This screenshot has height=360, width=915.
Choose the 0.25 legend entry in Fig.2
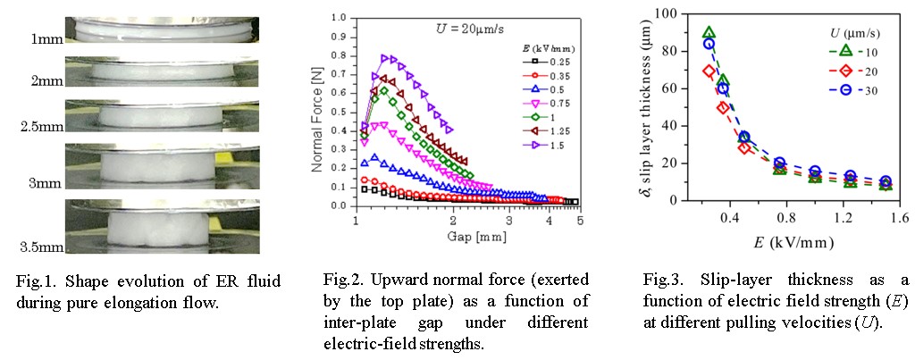tap(555, 60)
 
